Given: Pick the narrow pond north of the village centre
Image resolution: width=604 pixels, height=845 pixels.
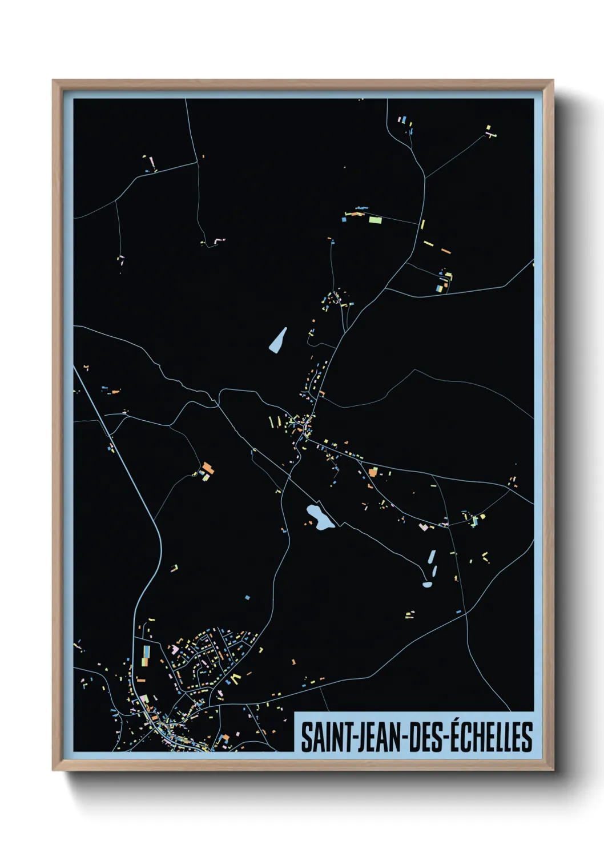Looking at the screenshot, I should click(278, 341).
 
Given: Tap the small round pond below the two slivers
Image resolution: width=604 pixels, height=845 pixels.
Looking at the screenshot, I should click(428, 584).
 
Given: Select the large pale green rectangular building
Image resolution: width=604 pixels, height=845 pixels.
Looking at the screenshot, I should click(375, 219).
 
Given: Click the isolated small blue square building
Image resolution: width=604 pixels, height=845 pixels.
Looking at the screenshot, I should click(247, 598).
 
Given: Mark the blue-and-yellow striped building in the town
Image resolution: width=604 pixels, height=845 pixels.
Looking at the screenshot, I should click(146, 655).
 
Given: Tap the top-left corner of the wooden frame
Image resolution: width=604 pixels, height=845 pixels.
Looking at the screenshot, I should click(54, 81).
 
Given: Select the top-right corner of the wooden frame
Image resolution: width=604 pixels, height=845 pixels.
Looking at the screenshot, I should click(553, 81).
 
